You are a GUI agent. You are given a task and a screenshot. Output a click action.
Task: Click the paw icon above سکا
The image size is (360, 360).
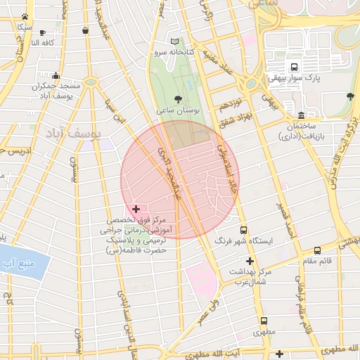point(25,16)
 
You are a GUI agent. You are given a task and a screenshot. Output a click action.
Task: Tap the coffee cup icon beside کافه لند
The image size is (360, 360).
point(43,32)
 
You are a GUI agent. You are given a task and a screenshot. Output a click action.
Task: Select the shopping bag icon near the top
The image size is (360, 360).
point(86,30)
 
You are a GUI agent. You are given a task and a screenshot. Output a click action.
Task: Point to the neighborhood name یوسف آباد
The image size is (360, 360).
point(74,131)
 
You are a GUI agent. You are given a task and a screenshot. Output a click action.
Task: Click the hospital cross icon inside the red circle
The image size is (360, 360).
point(136,210)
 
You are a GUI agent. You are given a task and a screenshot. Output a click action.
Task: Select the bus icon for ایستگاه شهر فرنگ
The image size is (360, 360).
point(243,230)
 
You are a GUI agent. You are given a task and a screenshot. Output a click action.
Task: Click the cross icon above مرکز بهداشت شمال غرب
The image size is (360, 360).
point(249,261)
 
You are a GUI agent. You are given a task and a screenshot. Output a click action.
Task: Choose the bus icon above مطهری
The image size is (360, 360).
point(259,320)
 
